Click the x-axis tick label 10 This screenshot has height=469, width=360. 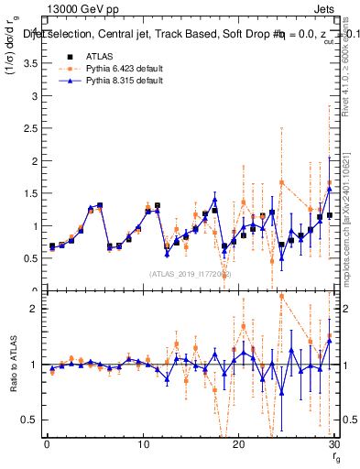[142, 444]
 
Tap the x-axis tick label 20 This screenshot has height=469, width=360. [238, 444]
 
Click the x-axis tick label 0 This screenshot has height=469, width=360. [47, 444]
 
